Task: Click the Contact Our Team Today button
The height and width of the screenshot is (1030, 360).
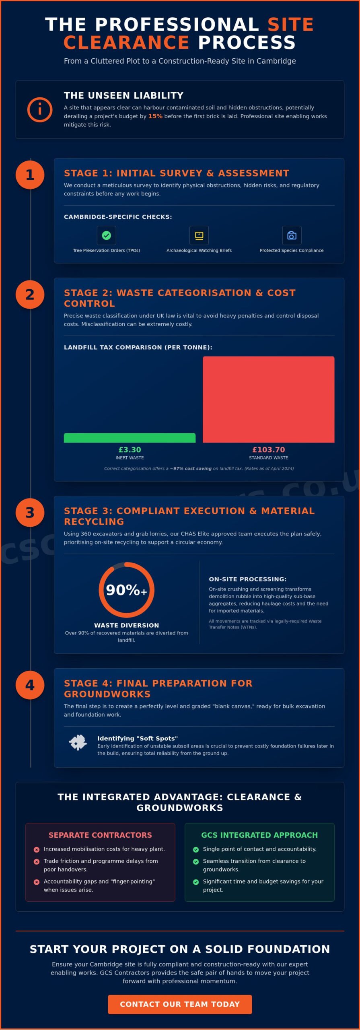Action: (x=180, y=1004)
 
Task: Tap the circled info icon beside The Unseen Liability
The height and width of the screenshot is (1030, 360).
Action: (x=40, y=109)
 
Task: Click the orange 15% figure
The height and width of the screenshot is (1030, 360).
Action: (x=155, y=116)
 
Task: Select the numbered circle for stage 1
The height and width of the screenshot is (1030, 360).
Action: (x=30, y=175)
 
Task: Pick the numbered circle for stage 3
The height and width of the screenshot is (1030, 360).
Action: (x=30, y=513)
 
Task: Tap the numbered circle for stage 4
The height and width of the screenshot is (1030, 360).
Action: (x=30, y=685)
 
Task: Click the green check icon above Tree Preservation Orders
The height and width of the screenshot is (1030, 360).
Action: (x=107, y=235)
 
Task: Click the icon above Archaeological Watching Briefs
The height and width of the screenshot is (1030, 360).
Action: (x=199, y=235)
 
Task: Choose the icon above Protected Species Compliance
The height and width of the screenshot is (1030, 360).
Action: (x=292, y=235)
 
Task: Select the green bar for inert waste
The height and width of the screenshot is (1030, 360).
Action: (x=130, y=438)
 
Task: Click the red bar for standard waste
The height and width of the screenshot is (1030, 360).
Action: (x=268, y=399)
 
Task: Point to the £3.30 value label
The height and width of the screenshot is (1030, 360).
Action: (x=130, y=449)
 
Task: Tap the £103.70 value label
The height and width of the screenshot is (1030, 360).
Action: (x=268, y=449)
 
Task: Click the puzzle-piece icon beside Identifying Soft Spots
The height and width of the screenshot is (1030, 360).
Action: (x=78, y=742)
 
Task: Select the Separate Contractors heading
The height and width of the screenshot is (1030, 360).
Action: (x=100, y=835)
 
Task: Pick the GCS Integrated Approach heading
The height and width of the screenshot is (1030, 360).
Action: (x=259, y=835)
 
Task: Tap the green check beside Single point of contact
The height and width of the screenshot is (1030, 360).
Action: (x=196, y=850)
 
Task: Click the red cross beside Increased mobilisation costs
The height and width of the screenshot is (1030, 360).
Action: (x=37, y=850)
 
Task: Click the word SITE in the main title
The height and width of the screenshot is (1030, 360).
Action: (x=290, y=24)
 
